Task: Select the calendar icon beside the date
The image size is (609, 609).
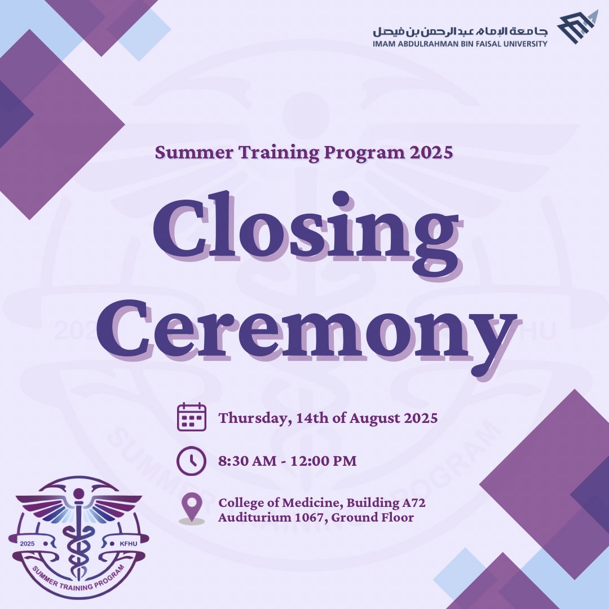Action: [x=192, y=417]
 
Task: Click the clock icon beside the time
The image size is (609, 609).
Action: [x=192, y=461]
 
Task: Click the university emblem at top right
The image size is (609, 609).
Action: [x=576, y=27]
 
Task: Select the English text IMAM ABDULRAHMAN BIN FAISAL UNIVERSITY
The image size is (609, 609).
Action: [x=460, y=43]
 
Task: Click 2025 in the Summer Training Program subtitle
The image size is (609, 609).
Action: [x=431, y=153]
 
